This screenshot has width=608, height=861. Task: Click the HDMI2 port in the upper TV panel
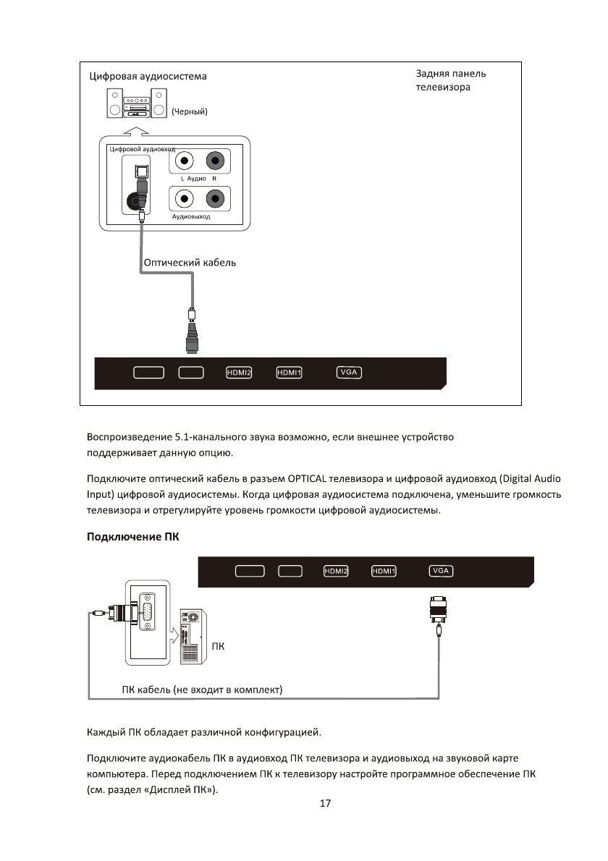238,373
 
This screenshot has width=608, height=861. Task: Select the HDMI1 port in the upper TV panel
289,373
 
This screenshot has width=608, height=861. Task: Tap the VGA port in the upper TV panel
349,373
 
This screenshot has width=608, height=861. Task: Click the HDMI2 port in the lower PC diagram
336,571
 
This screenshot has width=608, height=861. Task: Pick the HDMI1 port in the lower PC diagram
384,571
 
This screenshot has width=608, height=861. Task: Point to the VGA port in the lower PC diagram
440,571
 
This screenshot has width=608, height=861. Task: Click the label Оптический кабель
190,263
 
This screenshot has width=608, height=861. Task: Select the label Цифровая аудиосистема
148,76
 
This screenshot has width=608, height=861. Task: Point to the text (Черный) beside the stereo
190,111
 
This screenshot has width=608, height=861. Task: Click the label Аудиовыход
191,217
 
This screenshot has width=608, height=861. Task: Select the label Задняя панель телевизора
451,80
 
